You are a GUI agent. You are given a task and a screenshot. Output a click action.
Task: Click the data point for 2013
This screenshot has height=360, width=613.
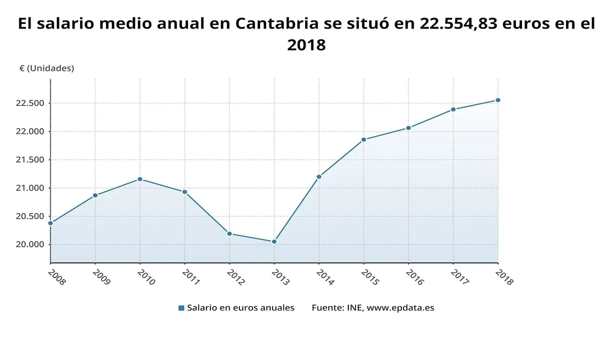point(274,242)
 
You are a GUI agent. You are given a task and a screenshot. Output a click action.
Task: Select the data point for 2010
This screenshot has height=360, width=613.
point(140,179)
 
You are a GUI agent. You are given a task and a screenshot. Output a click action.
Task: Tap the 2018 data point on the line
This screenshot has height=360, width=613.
point(498,100)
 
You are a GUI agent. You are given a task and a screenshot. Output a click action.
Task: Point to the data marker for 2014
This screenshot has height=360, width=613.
point(319,176)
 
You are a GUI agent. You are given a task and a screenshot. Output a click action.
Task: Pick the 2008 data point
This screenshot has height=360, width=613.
point(50,223)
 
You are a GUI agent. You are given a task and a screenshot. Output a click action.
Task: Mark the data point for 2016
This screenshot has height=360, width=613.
point(408,128)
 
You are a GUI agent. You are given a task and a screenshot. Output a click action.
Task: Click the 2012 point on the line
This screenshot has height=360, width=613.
point(229,233)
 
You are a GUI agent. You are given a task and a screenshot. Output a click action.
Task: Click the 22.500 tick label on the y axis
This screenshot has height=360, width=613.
point(30,103)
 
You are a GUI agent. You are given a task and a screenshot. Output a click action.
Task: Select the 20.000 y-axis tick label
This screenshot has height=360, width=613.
point(30,244)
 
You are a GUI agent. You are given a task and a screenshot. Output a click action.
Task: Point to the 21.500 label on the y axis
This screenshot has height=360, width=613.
point(30,160)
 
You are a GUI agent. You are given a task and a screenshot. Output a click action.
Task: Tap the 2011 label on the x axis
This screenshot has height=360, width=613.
point(190,277)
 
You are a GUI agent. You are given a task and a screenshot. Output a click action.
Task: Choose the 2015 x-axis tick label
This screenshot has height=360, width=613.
point(369,277)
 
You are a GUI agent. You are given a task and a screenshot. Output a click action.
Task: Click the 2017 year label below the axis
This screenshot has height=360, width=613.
point(459,277)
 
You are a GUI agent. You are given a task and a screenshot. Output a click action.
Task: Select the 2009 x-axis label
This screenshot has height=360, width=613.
point(101,277)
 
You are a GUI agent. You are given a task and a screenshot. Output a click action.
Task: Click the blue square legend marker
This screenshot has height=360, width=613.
point(181,308)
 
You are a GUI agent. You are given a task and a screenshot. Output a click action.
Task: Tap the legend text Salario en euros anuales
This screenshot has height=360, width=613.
point(240,308)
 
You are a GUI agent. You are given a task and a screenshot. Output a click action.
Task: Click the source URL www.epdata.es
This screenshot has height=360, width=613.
point(400,308)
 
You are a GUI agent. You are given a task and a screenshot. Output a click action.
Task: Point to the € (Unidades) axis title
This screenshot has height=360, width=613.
point(46,68)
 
